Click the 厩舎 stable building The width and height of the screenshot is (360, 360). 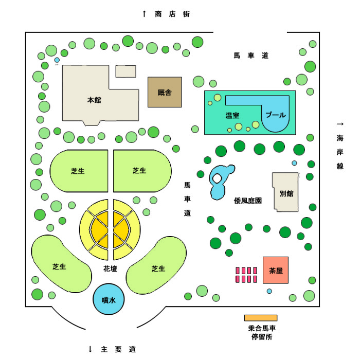pos(165,92)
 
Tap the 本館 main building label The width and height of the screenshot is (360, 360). pos(94,100)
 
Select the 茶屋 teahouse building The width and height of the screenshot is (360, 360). pos(276,270)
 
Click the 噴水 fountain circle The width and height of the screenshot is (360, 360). pos(109,299)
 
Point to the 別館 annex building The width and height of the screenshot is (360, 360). pos(285,192)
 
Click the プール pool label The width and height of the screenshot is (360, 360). pos(276,115)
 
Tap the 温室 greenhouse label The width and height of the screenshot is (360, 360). pos(232,115)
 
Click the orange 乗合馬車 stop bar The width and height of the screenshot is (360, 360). pos(261,318)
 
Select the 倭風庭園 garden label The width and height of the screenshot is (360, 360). pos(248,201)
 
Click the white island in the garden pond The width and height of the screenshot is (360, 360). pos(217,178)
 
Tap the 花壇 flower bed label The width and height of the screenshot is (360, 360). pos(110,268)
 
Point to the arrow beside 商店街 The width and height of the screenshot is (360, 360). pos(144,14)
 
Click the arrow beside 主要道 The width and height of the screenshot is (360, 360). pos(90,349)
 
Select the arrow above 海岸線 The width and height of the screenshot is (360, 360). pos(340,124)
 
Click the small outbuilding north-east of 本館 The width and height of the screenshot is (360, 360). pos(125,71)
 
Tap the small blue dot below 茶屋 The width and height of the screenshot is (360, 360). pos(269,291)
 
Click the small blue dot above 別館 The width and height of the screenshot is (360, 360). pos(294,163)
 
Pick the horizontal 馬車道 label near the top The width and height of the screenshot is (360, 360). pos(251,56)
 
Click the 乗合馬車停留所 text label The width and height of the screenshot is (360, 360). pos(262,332)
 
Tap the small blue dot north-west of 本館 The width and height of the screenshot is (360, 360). pos(57,60)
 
